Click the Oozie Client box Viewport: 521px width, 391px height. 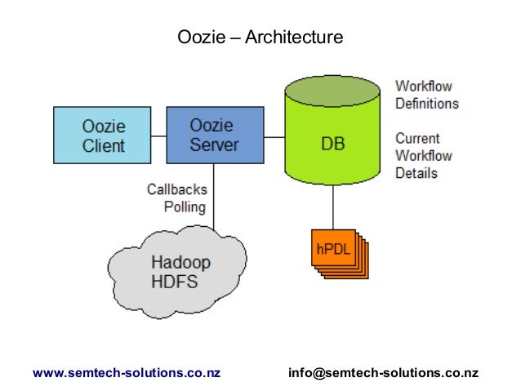[x=102, y=135]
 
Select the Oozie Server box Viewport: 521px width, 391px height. [x=214, y=135]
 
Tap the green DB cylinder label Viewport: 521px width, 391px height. [x=332, y=144]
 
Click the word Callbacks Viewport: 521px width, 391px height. [x=176, y=189]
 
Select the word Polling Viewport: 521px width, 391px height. [x=185, y=207]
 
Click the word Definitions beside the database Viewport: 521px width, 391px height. [x=427, y=104]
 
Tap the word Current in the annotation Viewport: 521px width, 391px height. [x=417, y=138]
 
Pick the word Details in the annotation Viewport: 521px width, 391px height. [x=416, y=173]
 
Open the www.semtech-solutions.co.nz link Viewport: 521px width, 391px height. [x=127, y=372]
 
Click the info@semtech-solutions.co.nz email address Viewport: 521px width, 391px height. [x=383, y=372]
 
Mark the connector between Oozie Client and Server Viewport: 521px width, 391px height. [x=158, y=135]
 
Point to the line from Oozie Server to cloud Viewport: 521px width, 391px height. [x=214, y=196]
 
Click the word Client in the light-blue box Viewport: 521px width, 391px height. [x=104, y=145]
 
